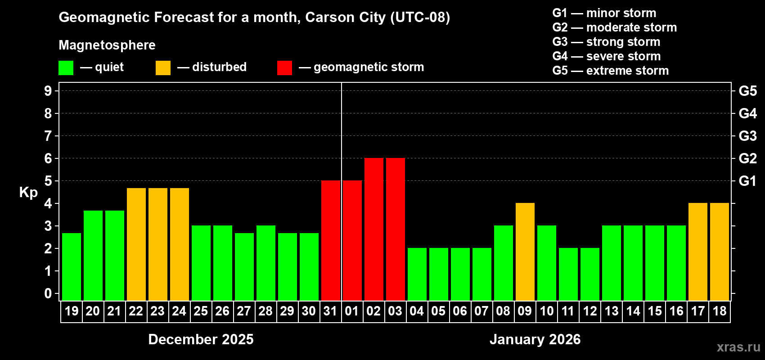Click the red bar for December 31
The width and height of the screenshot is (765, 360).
coord(330,240)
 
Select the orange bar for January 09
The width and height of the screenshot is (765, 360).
coord(525,252)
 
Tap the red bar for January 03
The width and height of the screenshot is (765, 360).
coord(395,229)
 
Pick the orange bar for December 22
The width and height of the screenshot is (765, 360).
coord(136,244)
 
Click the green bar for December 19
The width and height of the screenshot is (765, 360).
coord(71,266)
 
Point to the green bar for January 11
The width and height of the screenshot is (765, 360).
coord(568,274)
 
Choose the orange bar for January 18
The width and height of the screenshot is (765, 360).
coord(719,252)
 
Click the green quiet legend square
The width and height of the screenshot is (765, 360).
coord(66,68)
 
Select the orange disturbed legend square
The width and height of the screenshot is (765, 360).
coord(163,68)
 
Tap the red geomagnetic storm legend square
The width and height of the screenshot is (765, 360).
coord(284,68)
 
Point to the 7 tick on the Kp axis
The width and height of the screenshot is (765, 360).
coord(48,136)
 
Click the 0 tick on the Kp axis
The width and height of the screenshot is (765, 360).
coord(48,293)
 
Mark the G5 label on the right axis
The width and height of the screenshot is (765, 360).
coord(747,91)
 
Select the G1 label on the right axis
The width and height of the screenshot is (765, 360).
coord(747,181)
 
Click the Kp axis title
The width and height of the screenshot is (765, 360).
coord(28,192)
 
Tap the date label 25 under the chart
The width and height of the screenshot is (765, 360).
coord(201,311)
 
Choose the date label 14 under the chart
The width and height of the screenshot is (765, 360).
coord(633,311)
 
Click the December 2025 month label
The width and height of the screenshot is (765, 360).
coord(201,339)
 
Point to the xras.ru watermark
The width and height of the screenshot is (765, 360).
coord(738,347)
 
